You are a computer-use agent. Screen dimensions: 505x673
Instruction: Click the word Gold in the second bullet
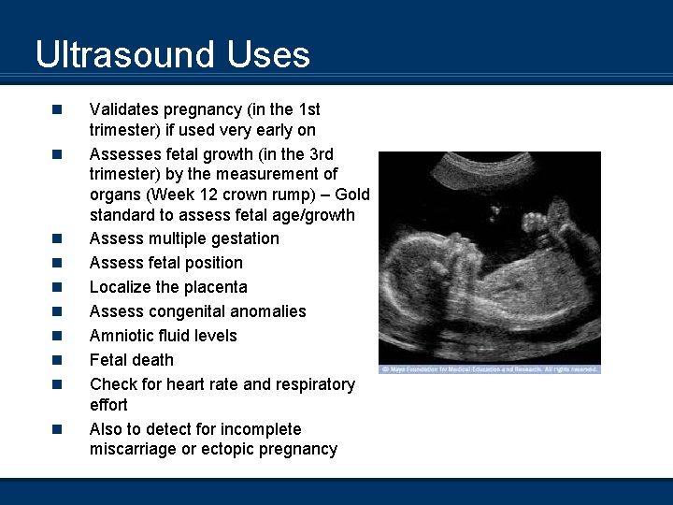point(352,195)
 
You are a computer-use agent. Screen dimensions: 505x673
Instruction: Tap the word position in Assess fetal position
point(212,263)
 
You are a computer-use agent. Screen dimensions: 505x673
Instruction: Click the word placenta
point(216,287)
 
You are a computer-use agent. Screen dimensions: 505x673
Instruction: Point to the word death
point(153,360)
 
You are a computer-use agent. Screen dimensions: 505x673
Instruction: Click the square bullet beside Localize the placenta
point(57,287)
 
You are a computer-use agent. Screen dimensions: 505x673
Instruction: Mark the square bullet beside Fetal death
point(57,360)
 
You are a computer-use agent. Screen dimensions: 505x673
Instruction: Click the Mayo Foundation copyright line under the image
point(489,369)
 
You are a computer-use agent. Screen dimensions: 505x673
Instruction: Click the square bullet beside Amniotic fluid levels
point(57,336)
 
